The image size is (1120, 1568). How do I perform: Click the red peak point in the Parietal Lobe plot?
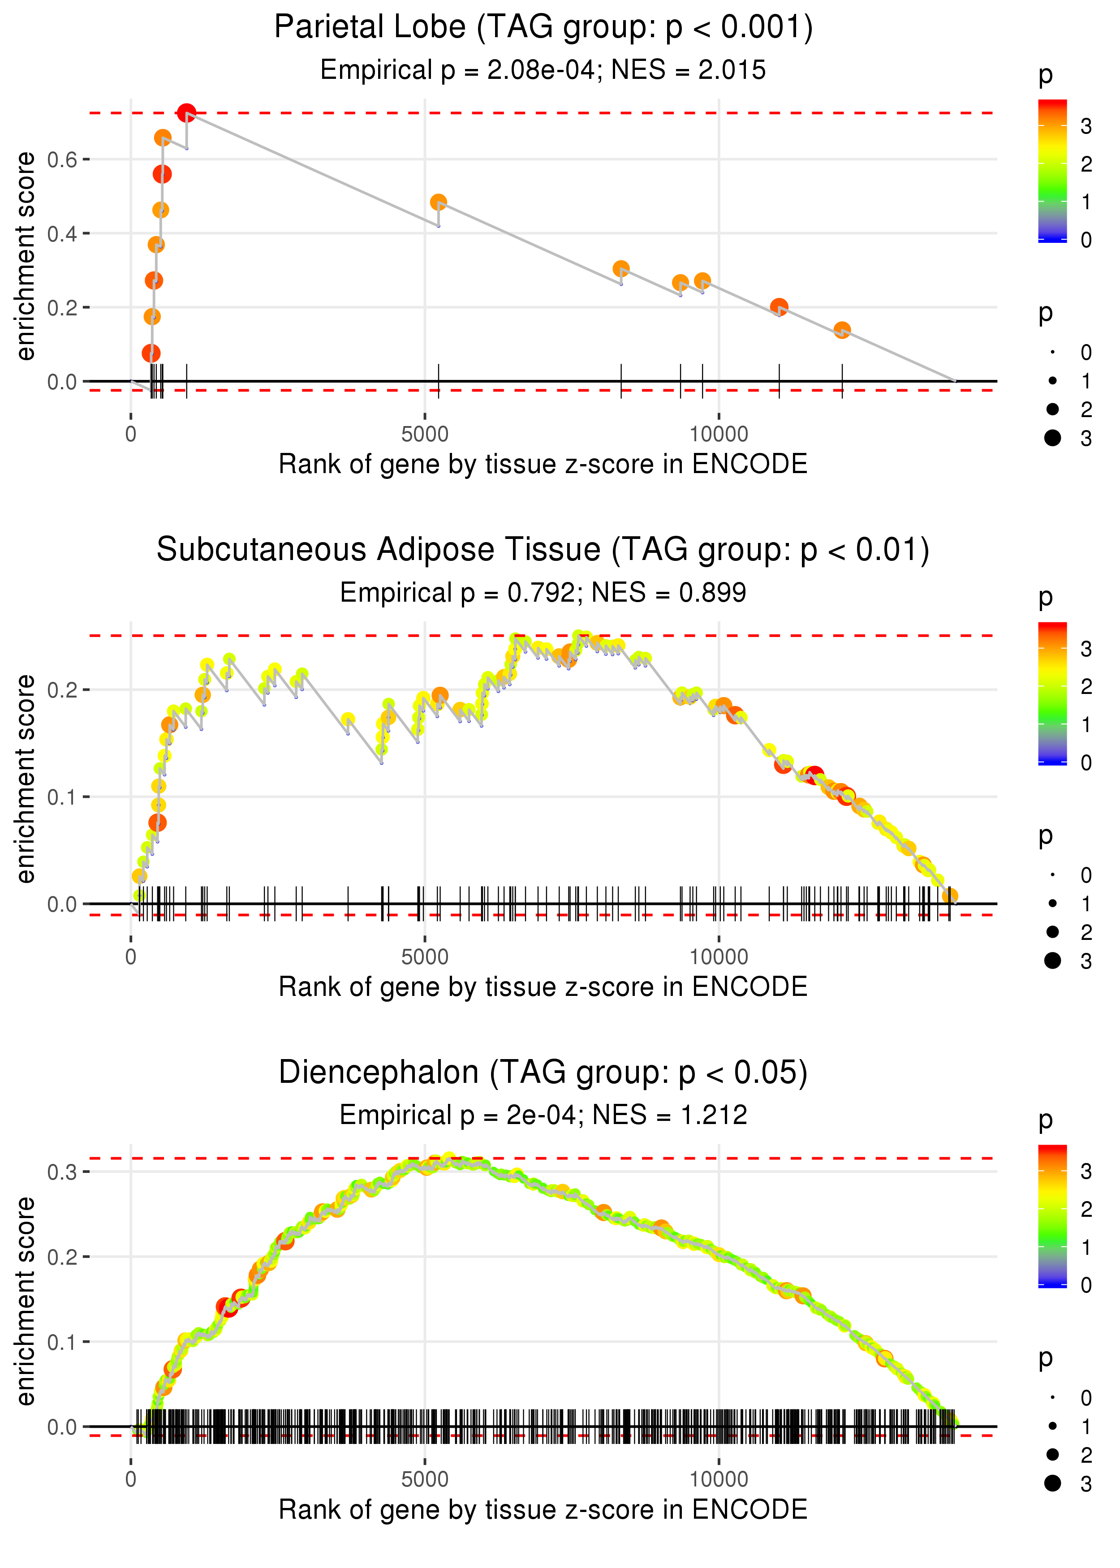(186, 113)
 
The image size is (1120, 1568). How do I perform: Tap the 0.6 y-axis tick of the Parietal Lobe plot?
(62, 160)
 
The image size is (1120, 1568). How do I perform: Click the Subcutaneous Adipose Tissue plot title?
(543, 550)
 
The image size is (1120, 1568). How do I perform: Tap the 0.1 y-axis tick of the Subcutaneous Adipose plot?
(62, 797)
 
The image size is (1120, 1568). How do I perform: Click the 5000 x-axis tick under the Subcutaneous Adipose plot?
(425, 957)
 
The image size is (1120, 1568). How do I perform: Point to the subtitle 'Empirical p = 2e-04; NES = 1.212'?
(543, 1115)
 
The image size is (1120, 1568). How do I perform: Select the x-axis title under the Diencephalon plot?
(543, 1509)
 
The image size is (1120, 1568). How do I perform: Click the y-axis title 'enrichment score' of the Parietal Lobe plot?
(26, 257)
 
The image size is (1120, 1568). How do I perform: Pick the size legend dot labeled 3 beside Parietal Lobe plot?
(1052, 438)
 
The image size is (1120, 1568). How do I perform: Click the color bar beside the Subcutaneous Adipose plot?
(1052, 694)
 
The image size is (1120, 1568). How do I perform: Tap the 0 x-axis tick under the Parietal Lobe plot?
(131, 435)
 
